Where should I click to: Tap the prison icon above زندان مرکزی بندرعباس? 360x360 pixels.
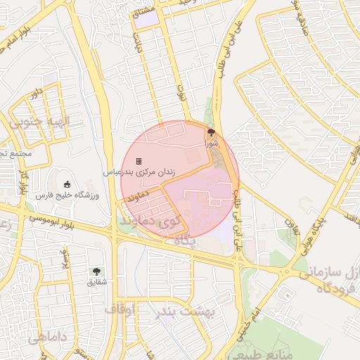[139, 161]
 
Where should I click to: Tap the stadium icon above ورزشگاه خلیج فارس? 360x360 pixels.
[67, 184]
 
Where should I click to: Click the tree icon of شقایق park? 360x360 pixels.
[96, 271]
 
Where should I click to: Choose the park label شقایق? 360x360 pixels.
[96, 282]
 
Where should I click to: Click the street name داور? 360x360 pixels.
[36, 91]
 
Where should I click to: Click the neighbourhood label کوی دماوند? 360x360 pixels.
[144, 223]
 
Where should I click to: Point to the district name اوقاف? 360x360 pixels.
[120, 309]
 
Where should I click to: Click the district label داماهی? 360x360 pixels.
[48, 338]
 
